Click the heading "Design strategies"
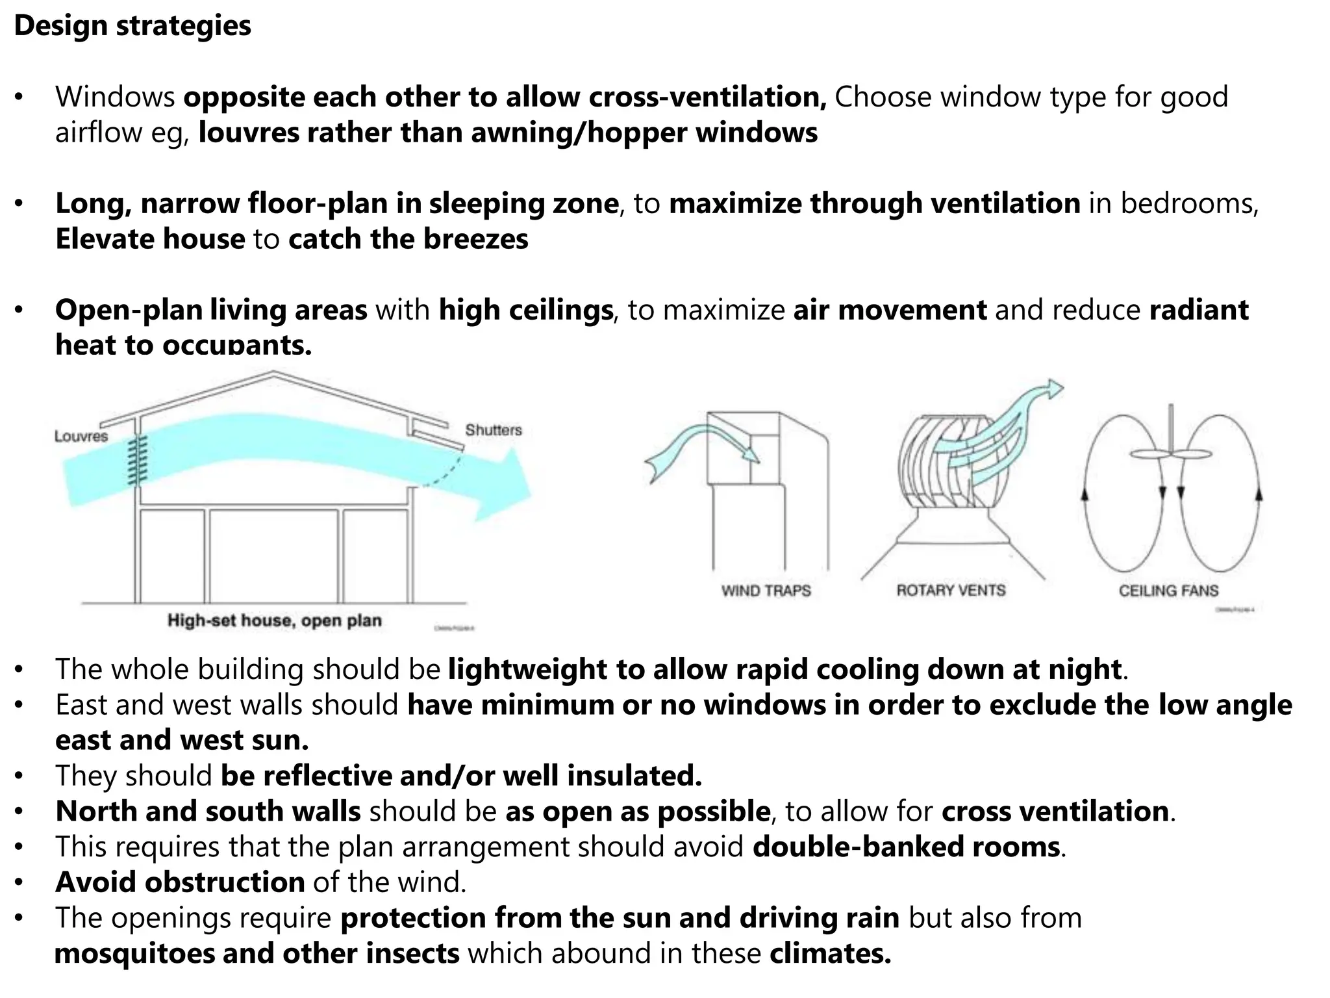tap(132, 26)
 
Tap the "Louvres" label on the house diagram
tap(81, 436)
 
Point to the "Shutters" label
tap(493, 430)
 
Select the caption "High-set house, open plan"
tap(274, 621)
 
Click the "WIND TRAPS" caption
tap(766, 591)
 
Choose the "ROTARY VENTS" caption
tap(951, 591)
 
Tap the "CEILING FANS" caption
tap(1168, 591)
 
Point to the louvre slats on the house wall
tap(137, 460)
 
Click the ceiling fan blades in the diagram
tap(1171, 454)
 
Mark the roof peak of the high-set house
tap(274, 373)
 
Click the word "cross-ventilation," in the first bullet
tap(707, 97)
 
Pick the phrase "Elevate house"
tap(150, 239)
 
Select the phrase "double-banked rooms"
tap(906, 847)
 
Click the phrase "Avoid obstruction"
tap(180, 882)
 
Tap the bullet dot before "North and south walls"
tap(19, 812)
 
